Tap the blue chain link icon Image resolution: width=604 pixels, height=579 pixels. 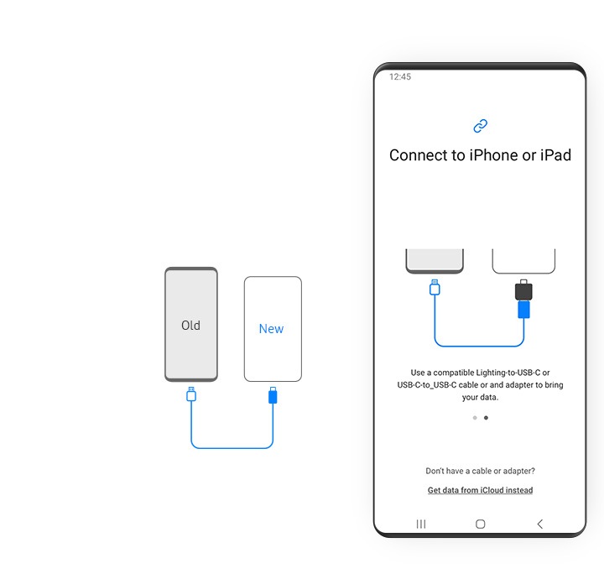tap(481, 126)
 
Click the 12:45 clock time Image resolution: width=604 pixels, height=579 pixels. tap(400, 76)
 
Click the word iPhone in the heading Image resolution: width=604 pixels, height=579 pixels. tap(493, 155)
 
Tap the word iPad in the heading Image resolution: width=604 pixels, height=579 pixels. tap(556, 155)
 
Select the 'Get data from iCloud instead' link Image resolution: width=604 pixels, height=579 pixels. tap(481, 490)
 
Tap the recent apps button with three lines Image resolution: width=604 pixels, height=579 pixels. tap(421, 524)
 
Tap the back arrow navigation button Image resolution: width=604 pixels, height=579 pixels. tap(540, 524)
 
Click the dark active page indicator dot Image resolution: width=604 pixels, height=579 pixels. tap(486, 418)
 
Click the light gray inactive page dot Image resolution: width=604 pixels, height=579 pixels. tap(475, 418)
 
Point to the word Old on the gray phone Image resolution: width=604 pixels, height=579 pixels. tap(190, 326)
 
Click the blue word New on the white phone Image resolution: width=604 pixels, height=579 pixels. tap(271, 329)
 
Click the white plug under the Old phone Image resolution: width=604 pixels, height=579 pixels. tap(191, 394)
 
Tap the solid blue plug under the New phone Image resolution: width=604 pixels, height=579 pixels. tap(273, 395)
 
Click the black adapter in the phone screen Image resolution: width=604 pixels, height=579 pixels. tap(523, 290)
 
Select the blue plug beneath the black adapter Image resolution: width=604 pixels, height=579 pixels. tap(523, 310)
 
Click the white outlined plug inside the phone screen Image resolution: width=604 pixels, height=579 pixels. tap(435, 287)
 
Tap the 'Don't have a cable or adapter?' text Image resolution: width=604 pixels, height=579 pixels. tap(481, 471)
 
